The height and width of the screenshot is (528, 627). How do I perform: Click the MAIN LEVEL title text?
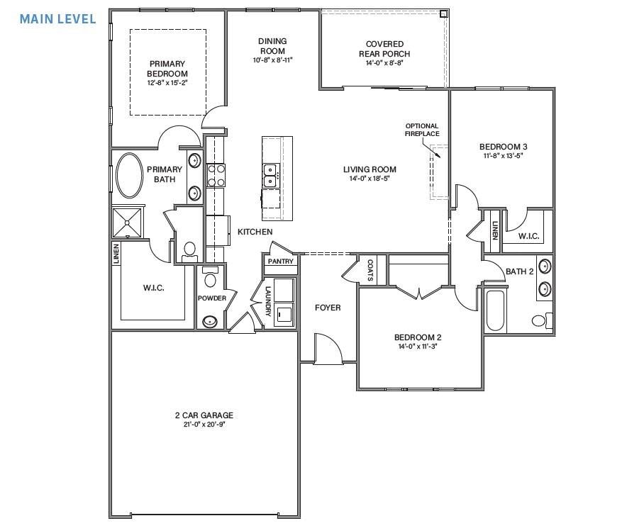[57, 18]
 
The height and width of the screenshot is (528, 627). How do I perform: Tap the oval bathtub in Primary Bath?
[129, 176]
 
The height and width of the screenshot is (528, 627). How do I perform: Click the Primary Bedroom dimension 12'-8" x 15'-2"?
[167, 83]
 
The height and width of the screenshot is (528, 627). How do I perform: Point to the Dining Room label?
[272, 46]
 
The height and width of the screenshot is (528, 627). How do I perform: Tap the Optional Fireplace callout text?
[422, 130]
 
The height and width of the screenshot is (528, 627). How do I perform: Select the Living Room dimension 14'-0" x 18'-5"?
[370, 179]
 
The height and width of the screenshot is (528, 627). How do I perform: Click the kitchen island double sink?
[270, 175]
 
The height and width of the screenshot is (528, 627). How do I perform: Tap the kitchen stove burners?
[216, 174]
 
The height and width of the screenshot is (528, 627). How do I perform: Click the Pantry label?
[279, 262]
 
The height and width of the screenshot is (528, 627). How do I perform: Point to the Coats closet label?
[371, 269]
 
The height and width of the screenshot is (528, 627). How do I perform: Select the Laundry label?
[268, 300]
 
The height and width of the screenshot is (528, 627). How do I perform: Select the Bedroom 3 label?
[503, 147]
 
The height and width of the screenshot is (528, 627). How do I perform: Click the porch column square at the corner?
[443, 13]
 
